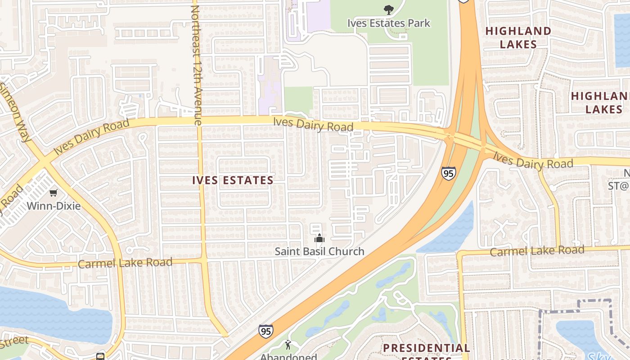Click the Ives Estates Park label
(389, 23)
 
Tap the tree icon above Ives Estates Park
(388, 9)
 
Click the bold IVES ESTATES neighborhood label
(233, 180)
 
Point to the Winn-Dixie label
(54, 206)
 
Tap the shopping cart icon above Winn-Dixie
(54, 193)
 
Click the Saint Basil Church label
(319, 251)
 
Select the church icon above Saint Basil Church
(319, 238)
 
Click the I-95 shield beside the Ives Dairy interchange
(448, 173)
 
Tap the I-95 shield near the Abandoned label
(265, 331)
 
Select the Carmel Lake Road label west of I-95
(125, 262)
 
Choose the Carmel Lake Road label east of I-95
(537, 251)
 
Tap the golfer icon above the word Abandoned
(288, 345)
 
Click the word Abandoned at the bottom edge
(288, 356)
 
